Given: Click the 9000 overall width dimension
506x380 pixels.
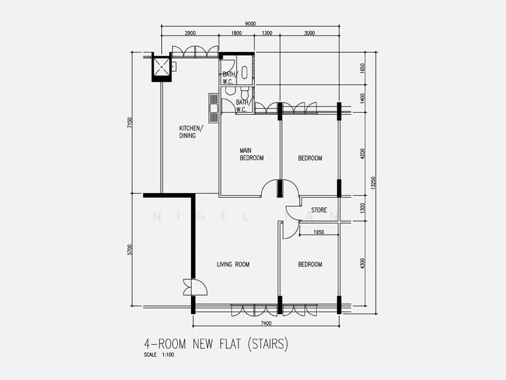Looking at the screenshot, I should click(x=250, y=23).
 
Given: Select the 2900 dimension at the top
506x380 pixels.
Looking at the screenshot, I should click(x=190, y=32).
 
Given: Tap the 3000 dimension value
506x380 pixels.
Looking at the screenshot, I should click(x=309, y=32).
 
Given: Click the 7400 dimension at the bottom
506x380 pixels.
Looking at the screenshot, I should click(x=265, y=323).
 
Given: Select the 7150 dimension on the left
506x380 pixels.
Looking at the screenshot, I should click(x=130, y=123).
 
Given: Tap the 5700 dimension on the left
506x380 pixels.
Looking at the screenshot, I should click(x=130, y=250).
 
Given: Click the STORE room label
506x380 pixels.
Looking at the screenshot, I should click(x=318, y=210).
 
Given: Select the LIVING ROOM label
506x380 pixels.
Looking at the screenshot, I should click(x=233, y=265).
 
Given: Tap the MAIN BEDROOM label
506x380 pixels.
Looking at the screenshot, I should click(x=251, y=154).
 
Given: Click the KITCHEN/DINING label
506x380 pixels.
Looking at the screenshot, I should click(x=190, y=131).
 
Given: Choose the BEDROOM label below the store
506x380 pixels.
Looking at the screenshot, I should click(x=310, y=265).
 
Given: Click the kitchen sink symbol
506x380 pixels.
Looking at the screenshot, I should click(x=214, y=108).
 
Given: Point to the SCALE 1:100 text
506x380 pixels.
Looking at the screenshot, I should click(x=159, y=355).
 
